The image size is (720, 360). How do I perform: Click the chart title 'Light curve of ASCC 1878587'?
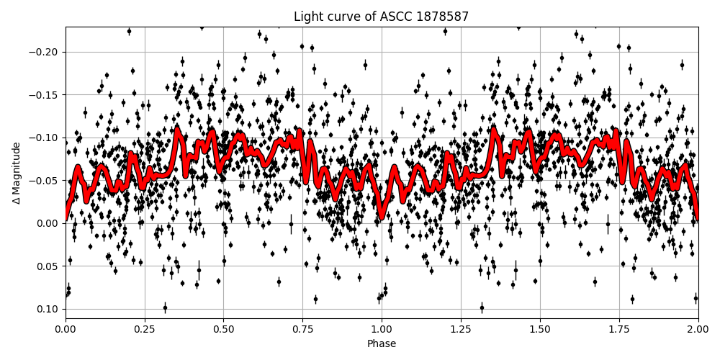click(x=382, y=17)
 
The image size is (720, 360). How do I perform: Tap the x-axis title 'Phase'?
click(x=382, y=344)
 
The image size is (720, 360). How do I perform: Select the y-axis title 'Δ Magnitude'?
click(x=16, y=173)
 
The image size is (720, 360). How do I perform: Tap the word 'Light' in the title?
click(x=308, y=17)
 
